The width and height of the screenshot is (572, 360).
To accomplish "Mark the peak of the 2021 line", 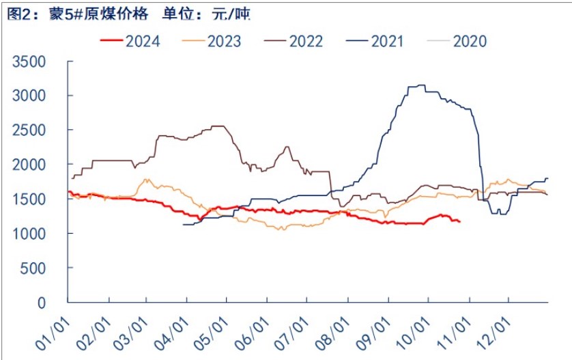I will click(418, 85).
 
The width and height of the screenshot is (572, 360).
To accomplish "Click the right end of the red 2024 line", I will click(459, 221).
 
